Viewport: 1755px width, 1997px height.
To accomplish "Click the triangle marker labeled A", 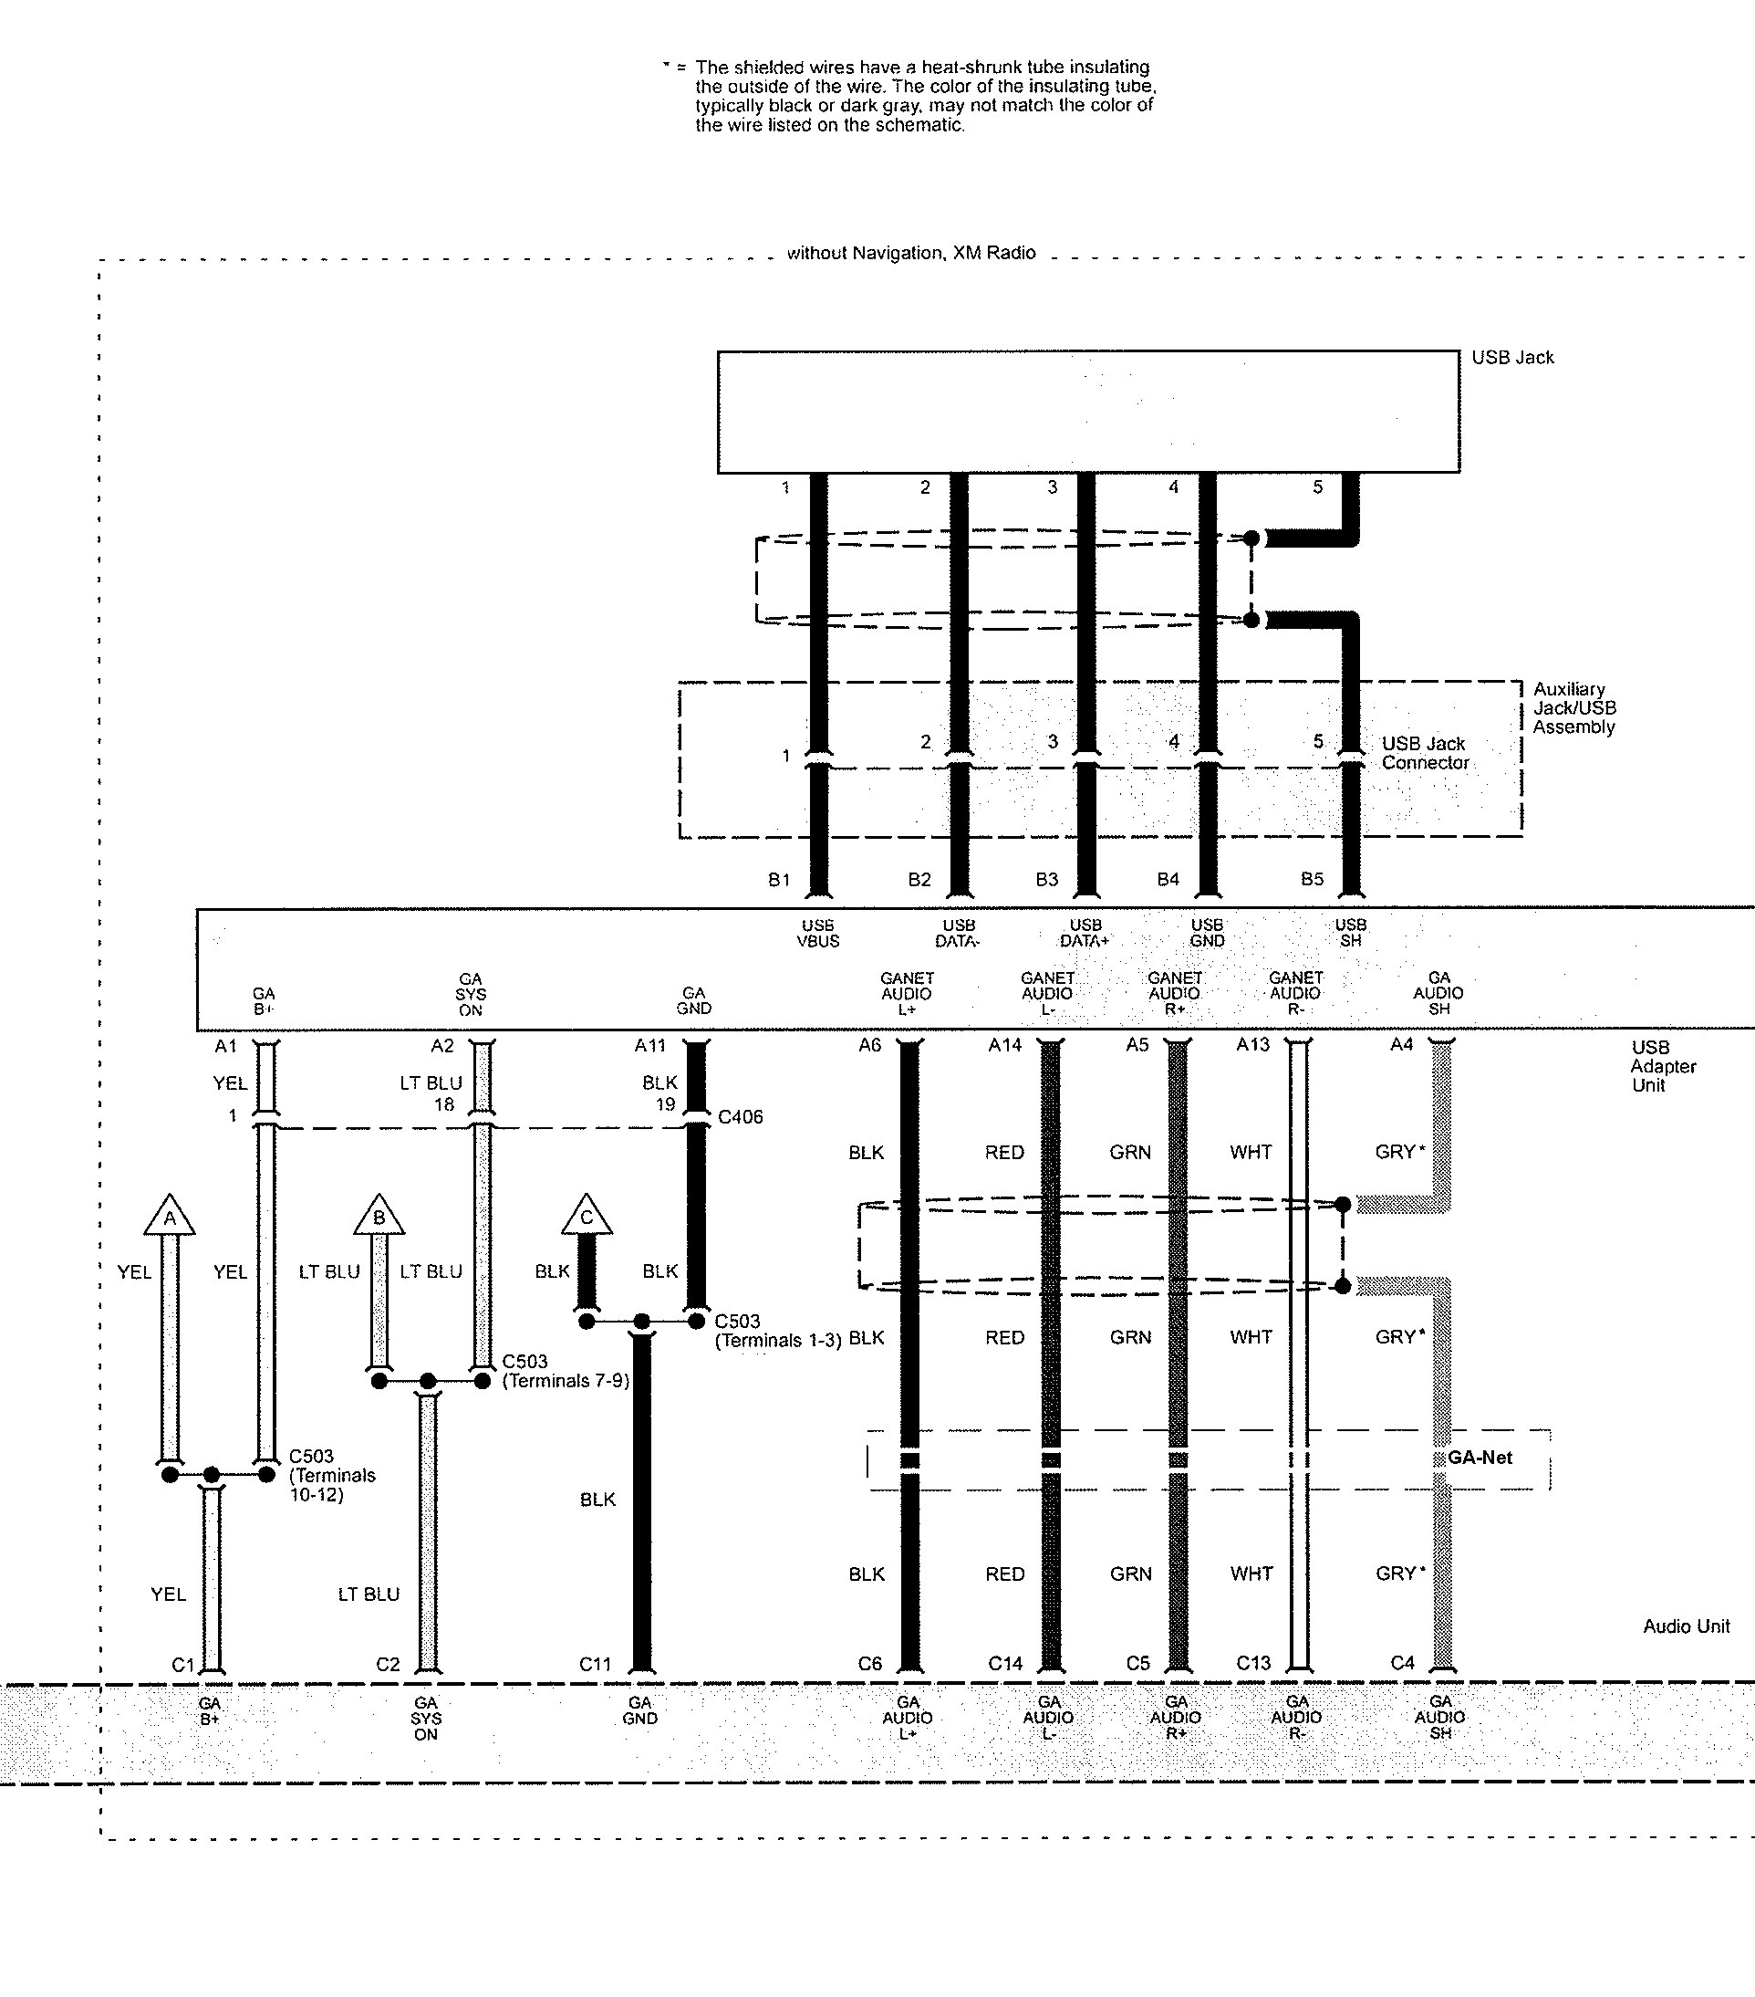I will pyautogui.click(x=170, y=1216).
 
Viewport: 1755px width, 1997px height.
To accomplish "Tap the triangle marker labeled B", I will pyautogui.click(x=379, y=1216).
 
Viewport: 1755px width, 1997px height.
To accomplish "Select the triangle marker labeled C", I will pyautogui.click(x=586, y=1216).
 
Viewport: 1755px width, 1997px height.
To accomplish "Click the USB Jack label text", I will pyautogui.click(x=1511, y=358).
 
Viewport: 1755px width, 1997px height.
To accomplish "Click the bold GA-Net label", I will pyautogui.click(x=1480, y=1458).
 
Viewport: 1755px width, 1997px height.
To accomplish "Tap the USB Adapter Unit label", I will pyautogui.click(x=1662, y=1066).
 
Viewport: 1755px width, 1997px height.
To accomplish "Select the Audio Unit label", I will pyautogui.click(x=1686, y=1626).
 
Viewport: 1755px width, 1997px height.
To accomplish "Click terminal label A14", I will pyautogui.click(x=1004, y=1045).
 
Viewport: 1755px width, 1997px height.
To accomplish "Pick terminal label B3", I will pyautogui.click(x=1046, y=879).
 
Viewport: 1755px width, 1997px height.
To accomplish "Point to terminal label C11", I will pyautogui.click(x=595, y=1664).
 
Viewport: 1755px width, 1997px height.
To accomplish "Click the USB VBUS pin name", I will pyautogui.click(x=817, y=933).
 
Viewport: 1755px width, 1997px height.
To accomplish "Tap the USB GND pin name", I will pyautogui.click(x=1206, y=933).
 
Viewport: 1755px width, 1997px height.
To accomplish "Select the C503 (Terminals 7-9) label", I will pyautogui.click(x=566, y=1371).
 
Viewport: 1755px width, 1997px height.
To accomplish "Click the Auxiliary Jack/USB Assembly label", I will pyautogui.click(x=1573, y=708).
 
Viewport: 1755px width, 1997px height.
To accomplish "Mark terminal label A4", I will pyautogui.click(x=1401, y=1044).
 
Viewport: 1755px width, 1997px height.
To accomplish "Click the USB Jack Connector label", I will pyautogui.click(x=1425, y=753).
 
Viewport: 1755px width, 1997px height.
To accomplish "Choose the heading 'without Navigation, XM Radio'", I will pyautogui.click(x=911, y=253).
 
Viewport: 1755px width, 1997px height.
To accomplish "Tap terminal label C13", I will pyautogui.click(x=1253, y=1663).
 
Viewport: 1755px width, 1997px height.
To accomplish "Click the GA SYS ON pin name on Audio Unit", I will pyautogui.click(x=426, y=1719).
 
